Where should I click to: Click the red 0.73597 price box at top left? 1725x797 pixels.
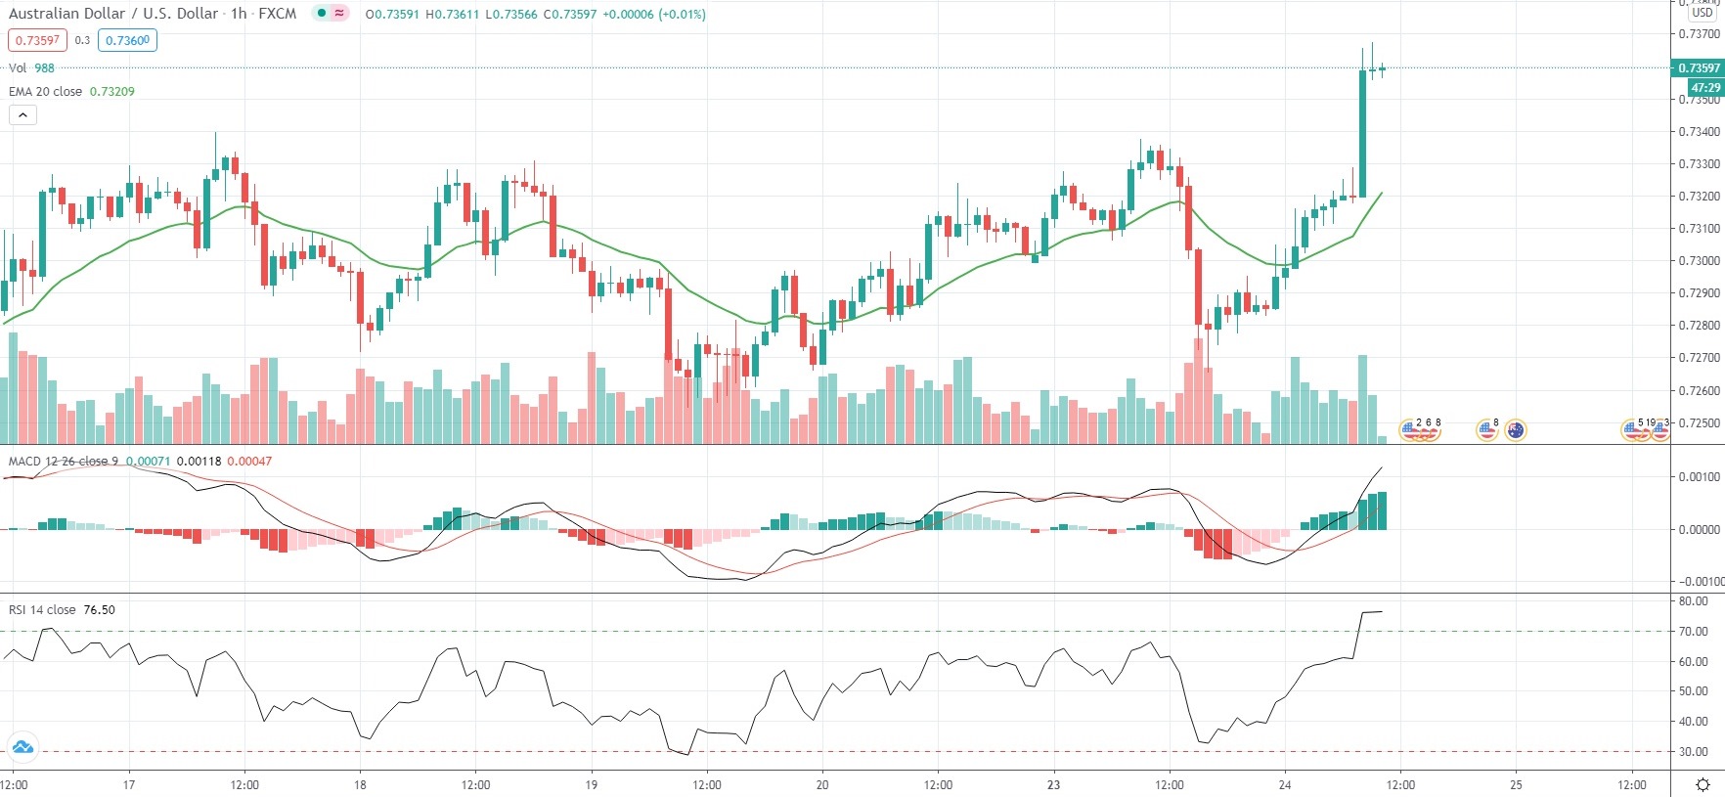37,41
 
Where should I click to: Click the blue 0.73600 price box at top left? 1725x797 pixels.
127,41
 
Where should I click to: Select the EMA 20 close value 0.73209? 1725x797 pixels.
112,92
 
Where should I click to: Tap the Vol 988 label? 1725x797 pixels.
31,68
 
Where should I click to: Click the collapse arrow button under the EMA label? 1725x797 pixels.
22,114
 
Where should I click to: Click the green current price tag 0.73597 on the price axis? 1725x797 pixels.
1698,68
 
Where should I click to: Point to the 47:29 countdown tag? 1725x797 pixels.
1704,87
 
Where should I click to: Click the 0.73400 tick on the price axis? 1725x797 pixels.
1699,132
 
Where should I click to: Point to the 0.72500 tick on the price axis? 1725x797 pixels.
1699,423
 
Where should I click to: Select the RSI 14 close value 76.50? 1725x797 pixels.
99,610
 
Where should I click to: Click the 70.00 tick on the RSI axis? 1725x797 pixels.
1694,632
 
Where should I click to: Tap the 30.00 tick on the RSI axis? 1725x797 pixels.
1694,752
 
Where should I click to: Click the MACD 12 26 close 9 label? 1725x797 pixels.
64,462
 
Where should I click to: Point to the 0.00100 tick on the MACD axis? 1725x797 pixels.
1699,477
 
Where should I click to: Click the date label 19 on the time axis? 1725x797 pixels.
591,784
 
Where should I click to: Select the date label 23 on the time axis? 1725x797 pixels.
1053,784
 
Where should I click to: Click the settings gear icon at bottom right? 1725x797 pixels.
1703,784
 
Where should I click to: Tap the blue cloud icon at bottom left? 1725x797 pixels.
22,748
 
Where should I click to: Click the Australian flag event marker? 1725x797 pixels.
1515,430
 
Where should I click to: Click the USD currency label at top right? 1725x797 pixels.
1703,13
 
